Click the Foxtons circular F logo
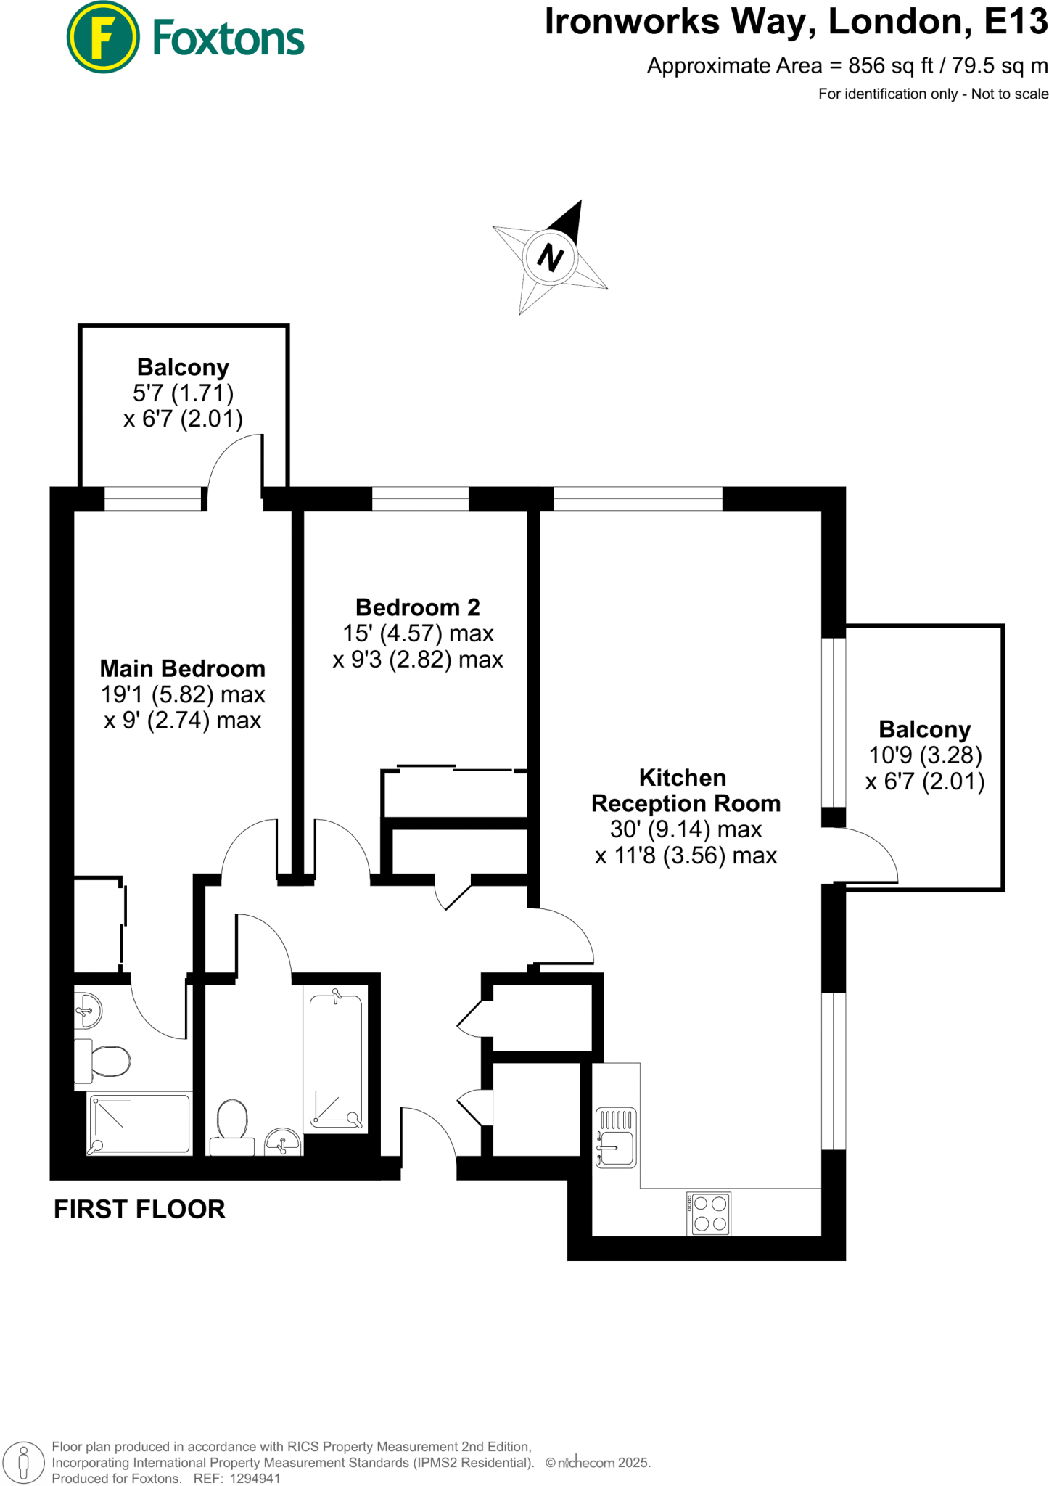(x=102, y=37)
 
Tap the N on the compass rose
(x=551, y=257)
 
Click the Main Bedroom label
(x=182, y=668)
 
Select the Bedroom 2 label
(x=418, y=607)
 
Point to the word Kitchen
(x=682, y=778)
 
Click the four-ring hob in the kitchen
(x=709, y=1214)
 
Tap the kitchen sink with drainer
(x=615, y=1137)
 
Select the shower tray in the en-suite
(x=139, y=1123)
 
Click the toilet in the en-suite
(x=104, y=1061)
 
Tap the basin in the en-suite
(x=87, y=1009)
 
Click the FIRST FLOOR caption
(x=139, y=1210)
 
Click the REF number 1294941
(x=255, y=1478)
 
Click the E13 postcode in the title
(x=1016, y=22)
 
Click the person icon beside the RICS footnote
(x=23, y=1463)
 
